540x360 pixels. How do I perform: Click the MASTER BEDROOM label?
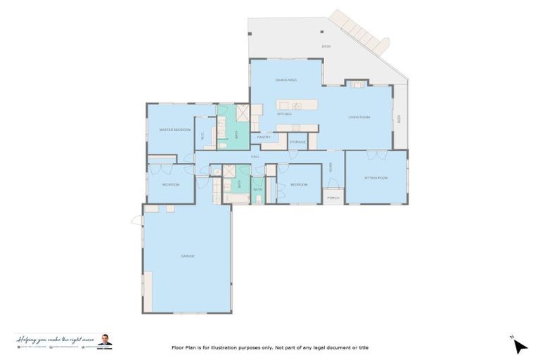(x=175, y=130)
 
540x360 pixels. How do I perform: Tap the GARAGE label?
(x=187, y=256)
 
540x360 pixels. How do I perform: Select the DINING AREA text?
(x=285, y=80)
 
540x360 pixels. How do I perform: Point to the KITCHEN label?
(x=284, y=114)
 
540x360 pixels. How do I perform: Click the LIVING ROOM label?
(x=359, y=117)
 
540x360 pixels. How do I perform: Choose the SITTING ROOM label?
(x=375, y=178)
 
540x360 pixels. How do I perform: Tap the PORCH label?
(x=333, y=198)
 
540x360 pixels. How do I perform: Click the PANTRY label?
(x=264, y=137)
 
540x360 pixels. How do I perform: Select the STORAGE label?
(x=298, y=143)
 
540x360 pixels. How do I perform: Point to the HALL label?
(x=255, y=156)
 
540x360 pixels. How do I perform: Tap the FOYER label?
(x=331, y=167)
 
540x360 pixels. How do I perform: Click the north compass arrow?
(x=519, y=345)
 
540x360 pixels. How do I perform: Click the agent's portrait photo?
(x=104, y=340)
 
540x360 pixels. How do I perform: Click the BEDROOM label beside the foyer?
(x=299, y=184)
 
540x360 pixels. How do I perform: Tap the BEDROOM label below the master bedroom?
(x=171, y=184)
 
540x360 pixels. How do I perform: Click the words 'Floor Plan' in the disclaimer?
(x=184, y=347)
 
